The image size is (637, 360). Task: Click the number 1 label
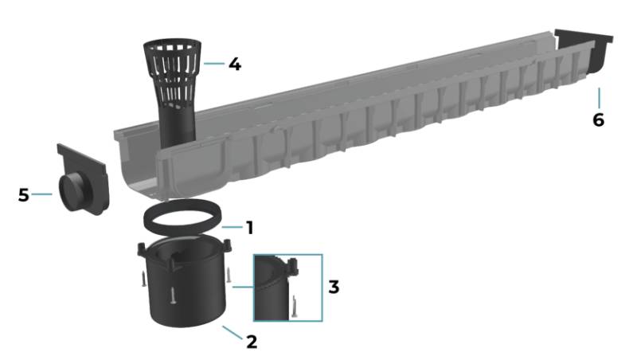(249, 228)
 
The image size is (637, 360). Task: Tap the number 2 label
(252, 342)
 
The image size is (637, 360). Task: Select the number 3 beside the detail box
(334, 287)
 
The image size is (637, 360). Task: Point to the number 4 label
(234, 64)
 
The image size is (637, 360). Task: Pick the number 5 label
(24, 194)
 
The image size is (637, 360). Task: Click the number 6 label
(598, 120)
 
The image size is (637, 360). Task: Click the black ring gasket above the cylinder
(181, 220)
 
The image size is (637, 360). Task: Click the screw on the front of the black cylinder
(171, 295)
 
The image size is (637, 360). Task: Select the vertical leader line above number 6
(598, 98)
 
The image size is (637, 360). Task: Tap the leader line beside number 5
(43, 194)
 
